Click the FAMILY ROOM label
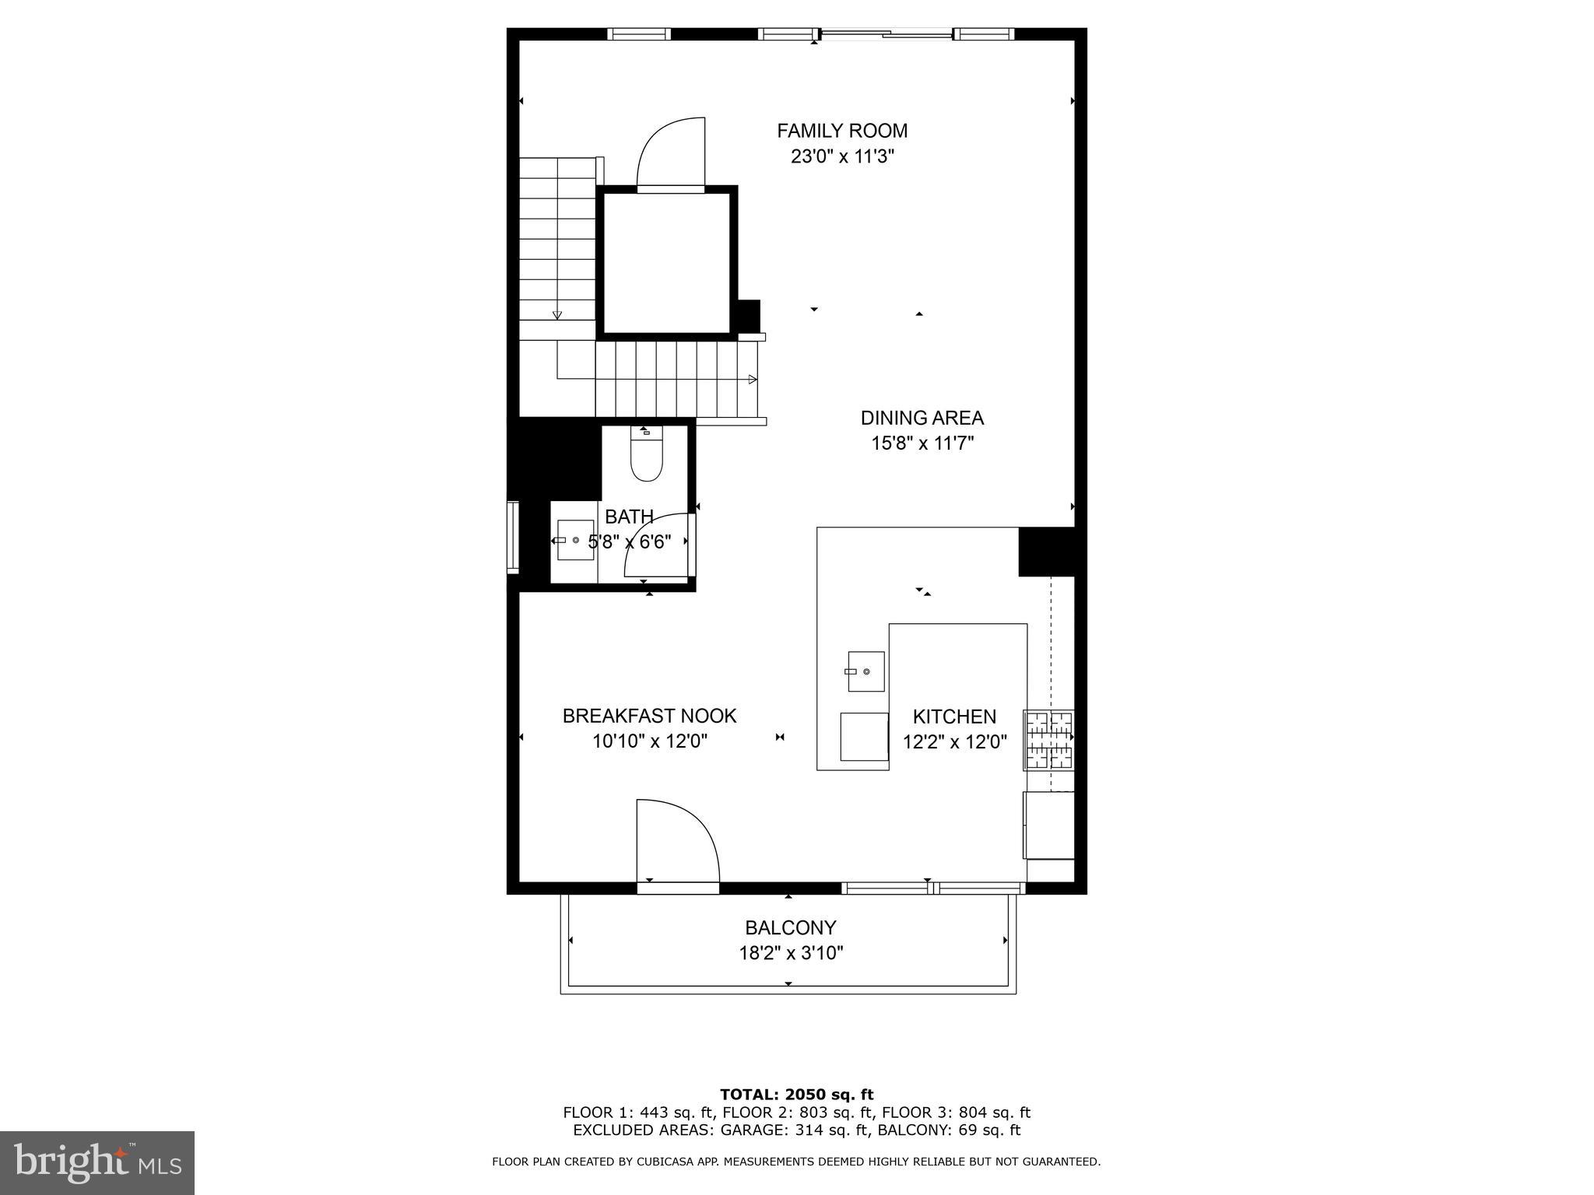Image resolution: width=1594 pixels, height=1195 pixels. coord(842,131)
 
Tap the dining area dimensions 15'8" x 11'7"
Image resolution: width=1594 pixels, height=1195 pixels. coord(922,443)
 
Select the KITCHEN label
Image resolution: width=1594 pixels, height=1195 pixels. coord(954,717)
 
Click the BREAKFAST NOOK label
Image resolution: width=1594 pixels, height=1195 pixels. coord(649,716)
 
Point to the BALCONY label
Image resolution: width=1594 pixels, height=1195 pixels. coord(790,927)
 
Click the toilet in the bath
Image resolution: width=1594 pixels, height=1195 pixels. coord(646,459)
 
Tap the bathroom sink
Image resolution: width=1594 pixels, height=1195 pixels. coord(574,541)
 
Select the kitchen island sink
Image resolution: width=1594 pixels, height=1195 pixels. coord(865,671)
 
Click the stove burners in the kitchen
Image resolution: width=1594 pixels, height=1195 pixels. coord(1048,740)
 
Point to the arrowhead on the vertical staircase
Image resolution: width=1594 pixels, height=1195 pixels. coord(557,315)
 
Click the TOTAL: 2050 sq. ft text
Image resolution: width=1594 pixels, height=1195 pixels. coord(796,1095)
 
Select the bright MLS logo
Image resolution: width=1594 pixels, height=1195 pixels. coord(97,1162)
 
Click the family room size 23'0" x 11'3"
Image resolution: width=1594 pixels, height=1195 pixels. coord(842,156)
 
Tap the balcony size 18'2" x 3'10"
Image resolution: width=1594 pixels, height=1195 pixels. coord(791,953)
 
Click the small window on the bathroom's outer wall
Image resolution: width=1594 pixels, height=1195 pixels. coord(513,538)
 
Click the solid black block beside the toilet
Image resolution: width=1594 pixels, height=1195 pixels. coord(554,459)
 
